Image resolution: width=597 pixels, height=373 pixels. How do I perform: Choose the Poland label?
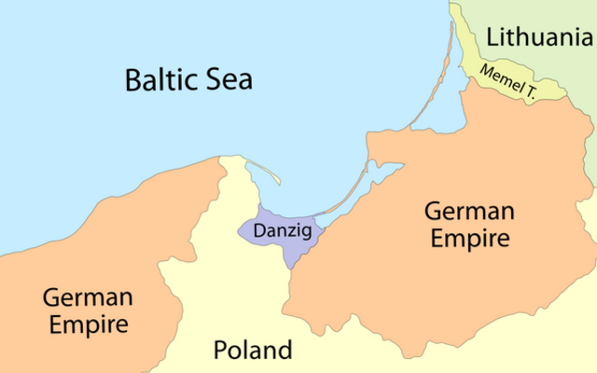pos(252,351)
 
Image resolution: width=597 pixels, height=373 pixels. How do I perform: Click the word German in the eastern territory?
pos(467,211)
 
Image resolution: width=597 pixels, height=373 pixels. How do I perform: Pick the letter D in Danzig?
pos(248,228)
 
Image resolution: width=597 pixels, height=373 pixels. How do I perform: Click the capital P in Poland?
pos(220,351)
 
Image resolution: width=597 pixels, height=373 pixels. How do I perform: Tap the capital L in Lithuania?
pos(491,38)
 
